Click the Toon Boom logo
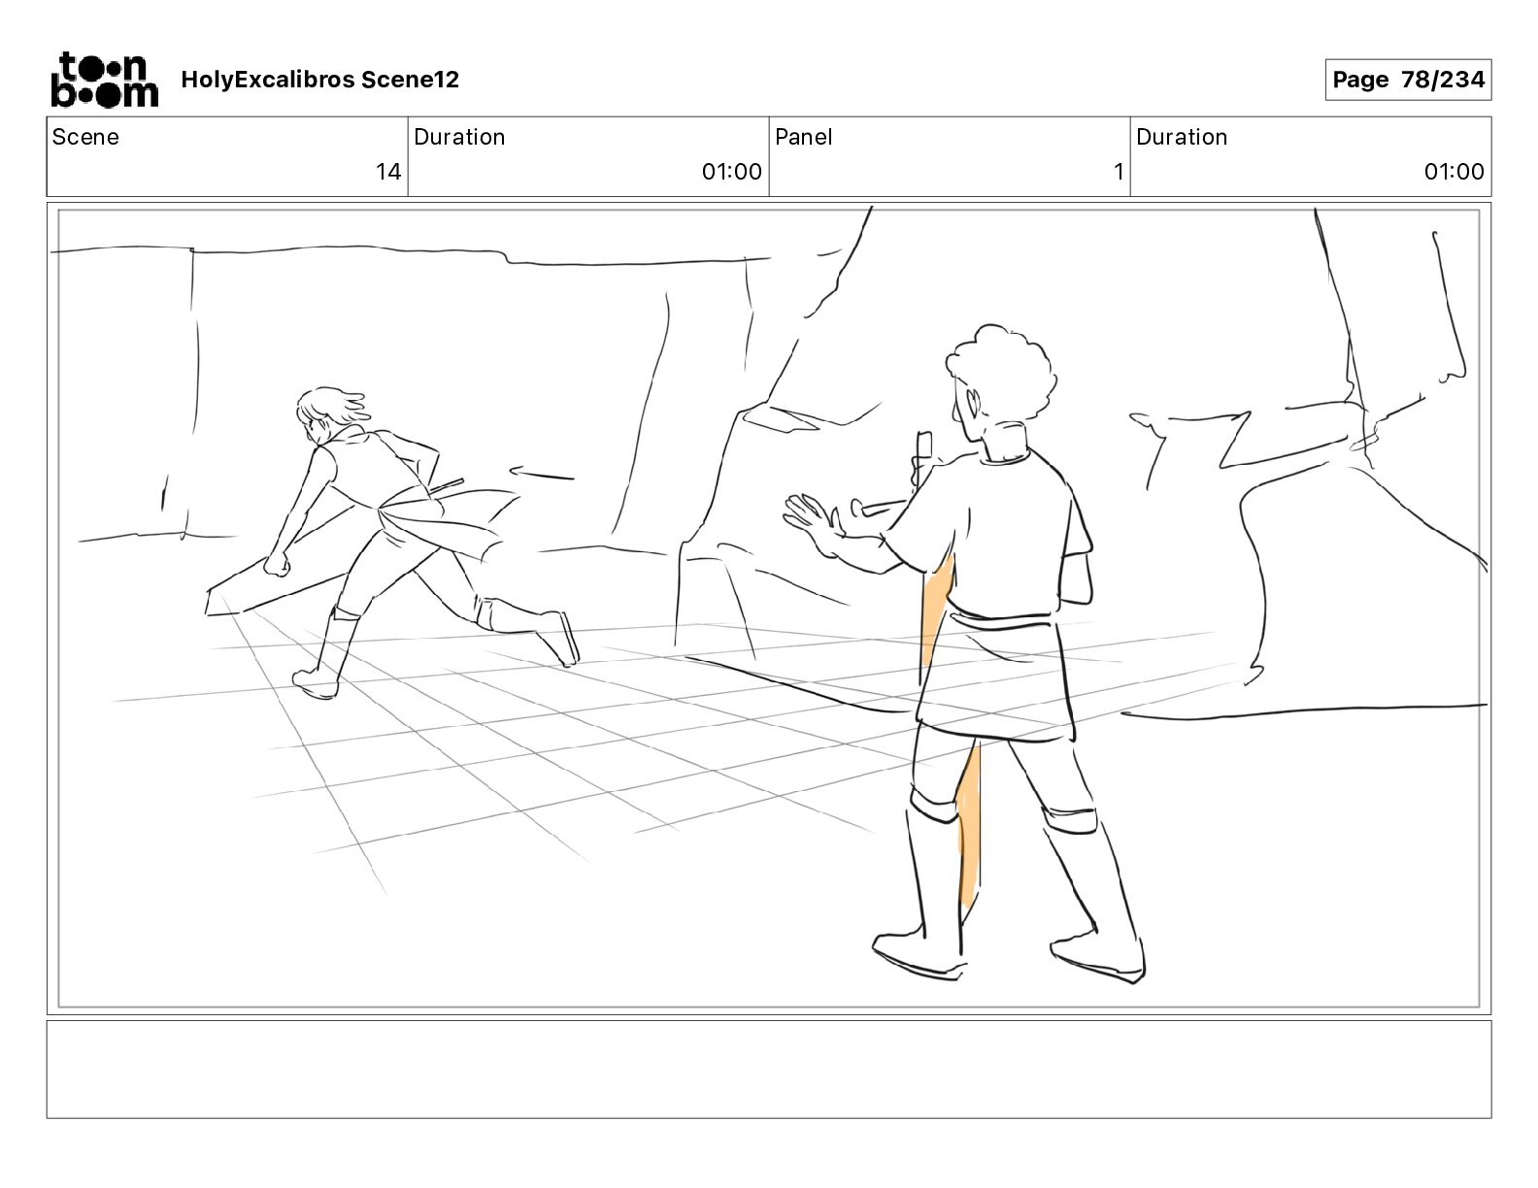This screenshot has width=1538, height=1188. tap(105, 80)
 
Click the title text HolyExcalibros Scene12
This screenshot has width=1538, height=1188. tap(319, 80)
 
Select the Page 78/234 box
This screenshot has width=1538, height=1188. tap(1408, 80)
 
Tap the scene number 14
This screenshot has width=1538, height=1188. tap(387, 171)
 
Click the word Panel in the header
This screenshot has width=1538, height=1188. tap(803, 137)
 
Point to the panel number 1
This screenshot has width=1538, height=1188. tap(1119, 171)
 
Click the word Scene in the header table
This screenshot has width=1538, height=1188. tap(85, 137)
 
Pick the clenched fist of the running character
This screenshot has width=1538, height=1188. tap(277, 564)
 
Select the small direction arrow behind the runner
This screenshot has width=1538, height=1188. tap(542, 473)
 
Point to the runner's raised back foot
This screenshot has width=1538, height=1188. tap(559, 639)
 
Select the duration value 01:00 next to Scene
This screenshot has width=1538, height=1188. tap(731, 171)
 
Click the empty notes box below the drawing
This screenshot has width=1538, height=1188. tap(769, 1070)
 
